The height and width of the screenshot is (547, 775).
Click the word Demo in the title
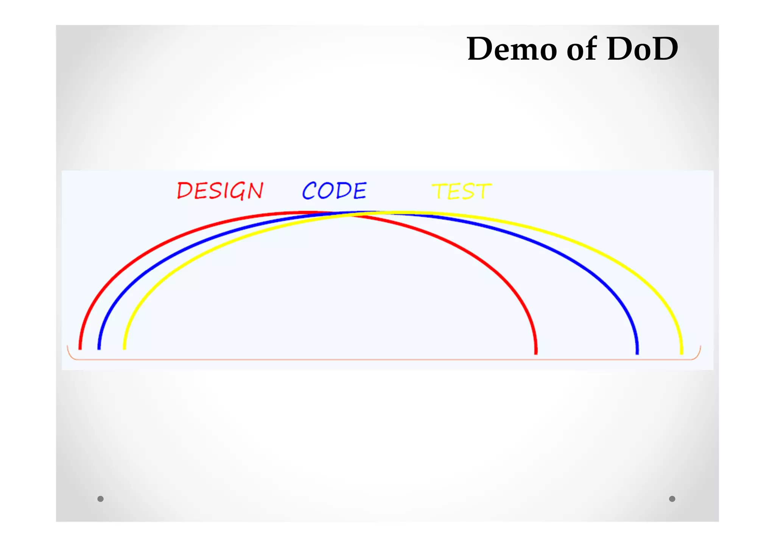[x=512, y=49]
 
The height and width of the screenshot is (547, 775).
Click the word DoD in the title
[x=642, y=49]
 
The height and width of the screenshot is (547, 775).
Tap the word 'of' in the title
[x=582, y=49]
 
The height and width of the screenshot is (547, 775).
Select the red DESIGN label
[x=220, y=191]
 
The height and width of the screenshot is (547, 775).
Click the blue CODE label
[x=334, y=191]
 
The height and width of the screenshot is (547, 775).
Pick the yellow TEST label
[x=461, y=191]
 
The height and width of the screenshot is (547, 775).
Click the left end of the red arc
[x=80, y=347]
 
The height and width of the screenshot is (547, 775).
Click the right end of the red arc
[x=536, y=352]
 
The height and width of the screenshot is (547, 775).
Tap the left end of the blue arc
[x=99, y=347]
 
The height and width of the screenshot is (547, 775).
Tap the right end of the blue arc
[x=637, y=352]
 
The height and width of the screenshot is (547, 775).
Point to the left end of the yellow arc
[x=124, y=347]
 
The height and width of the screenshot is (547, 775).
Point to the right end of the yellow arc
[x=682, y=352]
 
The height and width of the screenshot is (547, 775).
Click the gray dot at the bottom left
[x=100, y=499]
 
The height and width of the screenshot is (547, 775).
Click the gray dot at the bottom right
[x=672, y=499]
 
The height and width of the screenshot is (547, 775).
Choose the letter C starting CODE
[x=309, y=191]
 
